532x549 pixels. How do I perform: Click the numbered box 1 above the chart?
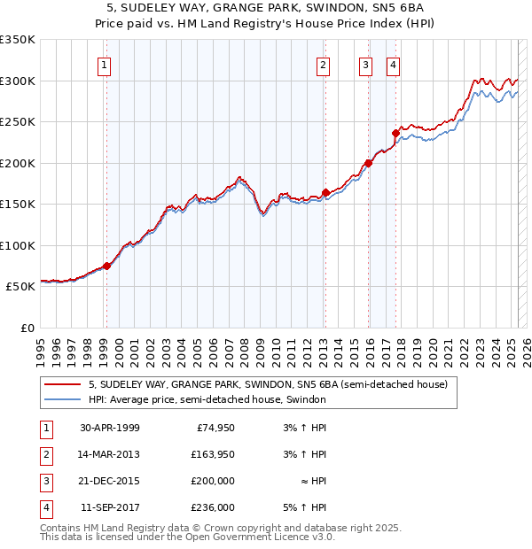[x=105, y=64]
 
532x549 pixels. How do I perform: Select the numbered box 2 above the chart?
[x=323, y=64]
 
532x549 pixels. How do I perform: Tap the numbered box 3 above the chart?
[x=366, y=64]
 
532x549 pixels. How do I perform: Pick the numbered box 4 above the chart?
[x=393, y=64]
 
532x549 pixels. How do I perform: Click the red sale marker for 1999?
[x=106, y=266]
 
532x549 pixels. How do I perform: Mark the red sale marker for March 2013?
[x=325, y=192]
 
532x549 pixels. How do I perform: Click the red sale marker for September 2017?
[x=396, y=133]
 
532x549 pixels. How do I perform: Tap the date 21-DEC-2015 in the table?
[x=110, y=481]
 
